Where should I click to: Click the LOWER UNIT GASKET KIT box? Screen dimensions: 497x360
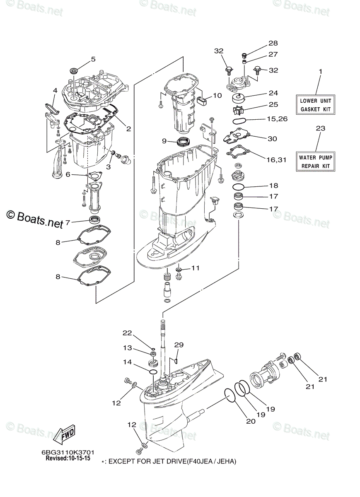click(x=316, y=104)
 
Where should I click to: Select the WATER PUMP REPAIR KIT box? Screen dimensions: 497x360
click(x=316, y=161)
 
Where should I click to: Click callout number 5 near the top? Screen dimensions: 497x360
click(x=93, y=59)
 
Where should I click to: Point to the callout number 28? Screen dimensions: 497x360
click(x=273, y=43)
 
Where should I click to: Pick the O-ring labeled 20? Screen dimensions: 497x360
click(x=230, y=395)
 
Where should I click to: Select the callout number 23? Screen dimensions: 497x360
click(x=320, y=128)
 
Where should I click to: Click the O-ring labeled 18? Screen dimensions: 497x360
click(x=239, y=187)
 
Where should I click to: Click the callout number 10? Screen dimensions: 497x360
click(x=217, y=96)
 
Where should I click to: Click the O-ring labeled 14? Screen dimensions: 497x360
click(x=153, y=373)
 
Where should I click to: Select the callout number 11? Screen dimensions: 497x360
click(x=195, y=268)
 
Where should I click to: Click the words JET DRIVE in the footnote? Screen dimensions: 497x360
click(x=182, y=461)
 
